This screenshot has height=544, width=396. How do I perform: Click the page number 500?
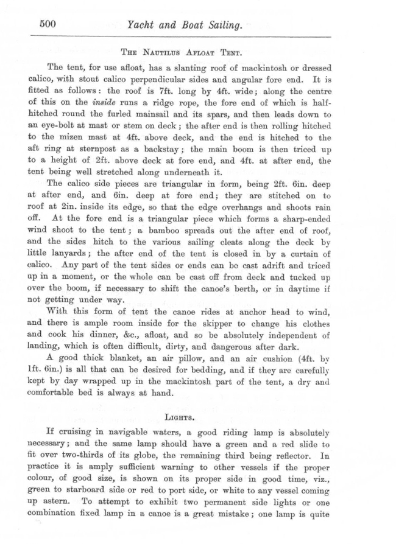[x=47, y=24]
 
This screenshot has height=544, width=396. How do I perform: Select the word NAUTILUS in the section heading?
[x=159, y=52]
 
